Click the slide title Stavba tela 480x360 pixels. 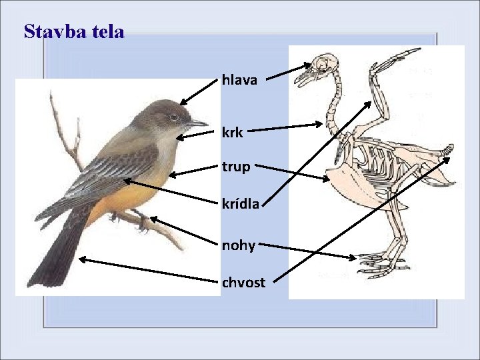pyautogui.click(x=73, y=31)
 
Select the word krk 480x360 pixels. pyautogui.click(x=233, y=133)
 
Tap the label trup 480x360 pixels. pyautogui.click(x=236, y=167)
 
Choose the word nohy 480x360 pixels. pyautogui.click(x=239, y=245)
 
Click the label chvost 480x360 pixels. pyautogui.click(x=243, y=282)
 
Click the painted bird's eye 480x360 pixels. pyautogui.click(x=173, y=117)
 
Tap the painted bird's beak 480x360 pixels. pyautogui.click(x=198, y=123)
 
